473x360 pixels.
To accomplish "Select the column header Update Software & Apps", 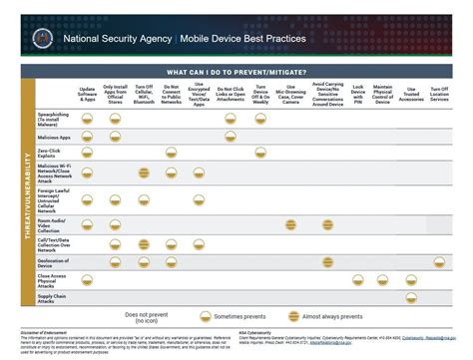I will tap(87, 96).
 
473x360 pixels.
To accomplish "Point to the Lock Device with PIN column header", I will tap(357, 95).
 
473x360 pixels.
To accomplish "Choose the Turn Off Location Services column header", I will tap(440, 95).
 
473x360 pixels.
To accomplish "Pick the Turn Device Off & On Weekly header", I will tap(260, 95).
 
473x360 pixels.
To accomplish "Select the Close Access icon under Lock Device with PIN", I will tap(357, 279).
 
